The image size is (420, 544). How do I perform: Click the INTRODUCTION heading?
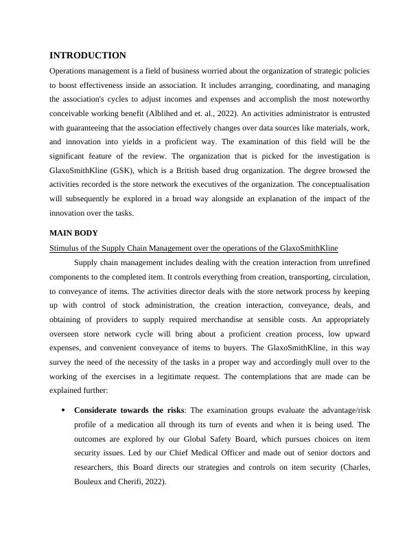(88, 56)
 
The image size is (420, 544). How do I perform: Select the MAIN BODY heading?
(73, 233)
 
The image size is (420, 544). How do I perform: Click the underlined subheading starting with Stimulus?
(194, 247)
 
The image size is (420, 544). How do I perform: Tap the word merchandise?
(233, 319)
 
